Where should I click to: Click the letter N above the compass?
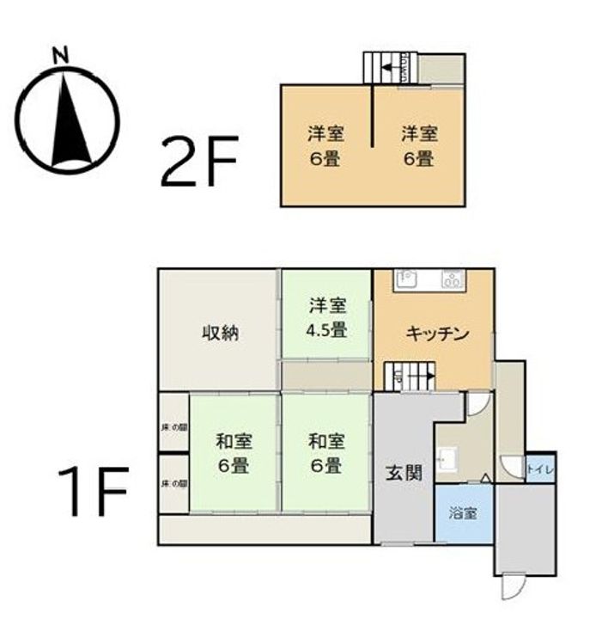click(59, 55)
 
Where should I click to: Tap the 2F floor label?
click(199, 160)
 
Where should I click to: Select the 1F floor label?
click(93, 492)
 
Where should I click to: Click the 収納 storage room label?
click(220, 333)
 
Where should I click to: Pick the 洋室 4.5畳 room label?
click(327, 316)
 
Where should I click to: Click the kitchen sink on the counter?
click(405, 279)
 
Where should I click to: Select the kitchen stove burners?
click(452, 279)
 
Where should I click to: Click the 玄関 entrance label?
click(402, 472)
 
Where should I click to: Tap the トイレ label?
click(539, 469)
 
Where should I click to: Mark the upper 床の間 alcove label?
click(173, 426)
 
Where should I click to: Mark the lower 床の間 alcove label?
click(173, 484)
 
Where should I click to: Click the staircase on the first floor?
click(410, 377)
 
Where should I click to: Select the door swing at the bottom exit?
click(512, 587)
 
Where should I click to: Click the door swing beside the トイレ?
click(513, 467)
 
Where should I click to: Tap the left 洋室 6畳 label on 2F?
click(326, 146)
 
